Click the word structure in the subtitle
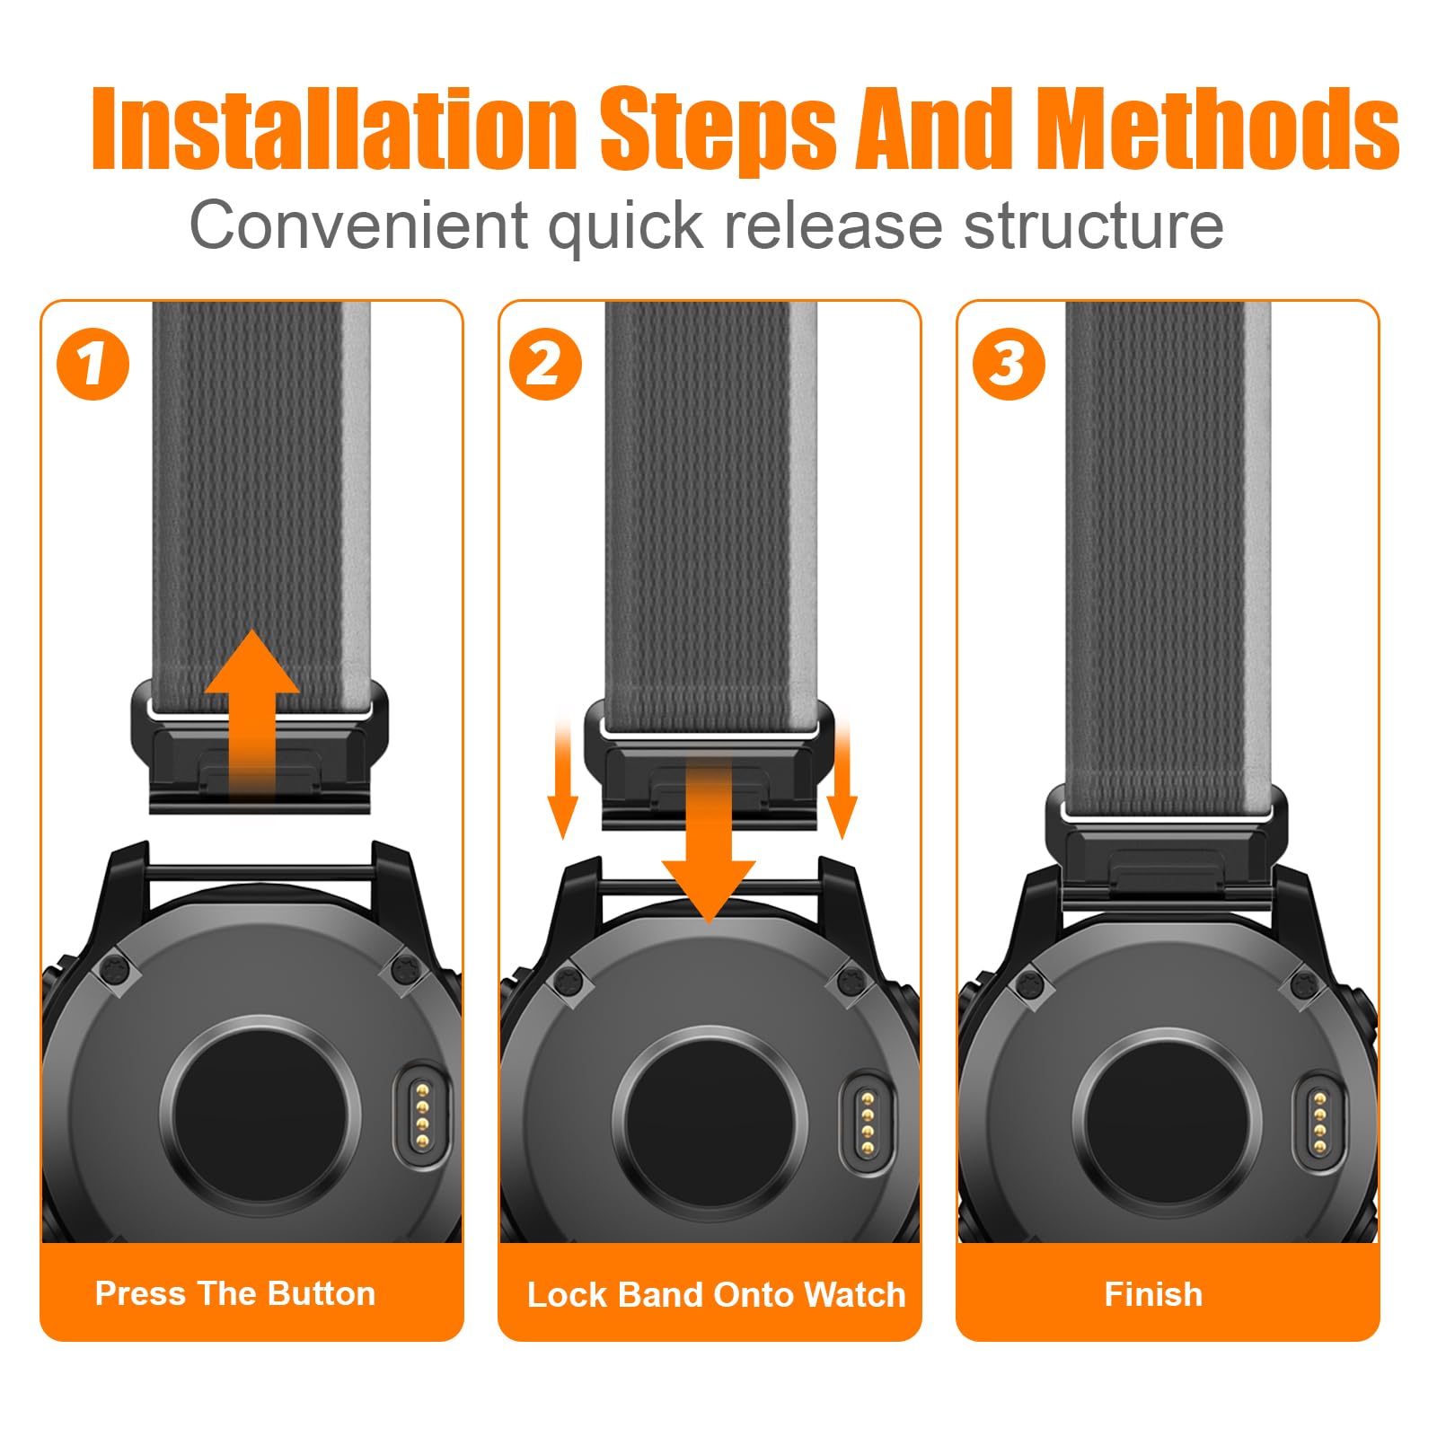tap(1094, 226)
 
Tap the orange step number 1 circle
tap(93, 364)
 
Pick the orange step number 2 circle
tap(545, 364)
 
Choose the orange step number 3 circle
tap(1009, 364)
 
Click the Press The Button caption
tap(235, 1293)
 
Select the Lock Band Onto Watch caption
tap(716, 1294)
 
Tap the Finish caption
tap(1153, 1294)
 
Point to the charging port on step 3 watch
tap(1318, 1122)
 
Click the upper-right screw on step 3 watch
tap(1306, 984)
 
